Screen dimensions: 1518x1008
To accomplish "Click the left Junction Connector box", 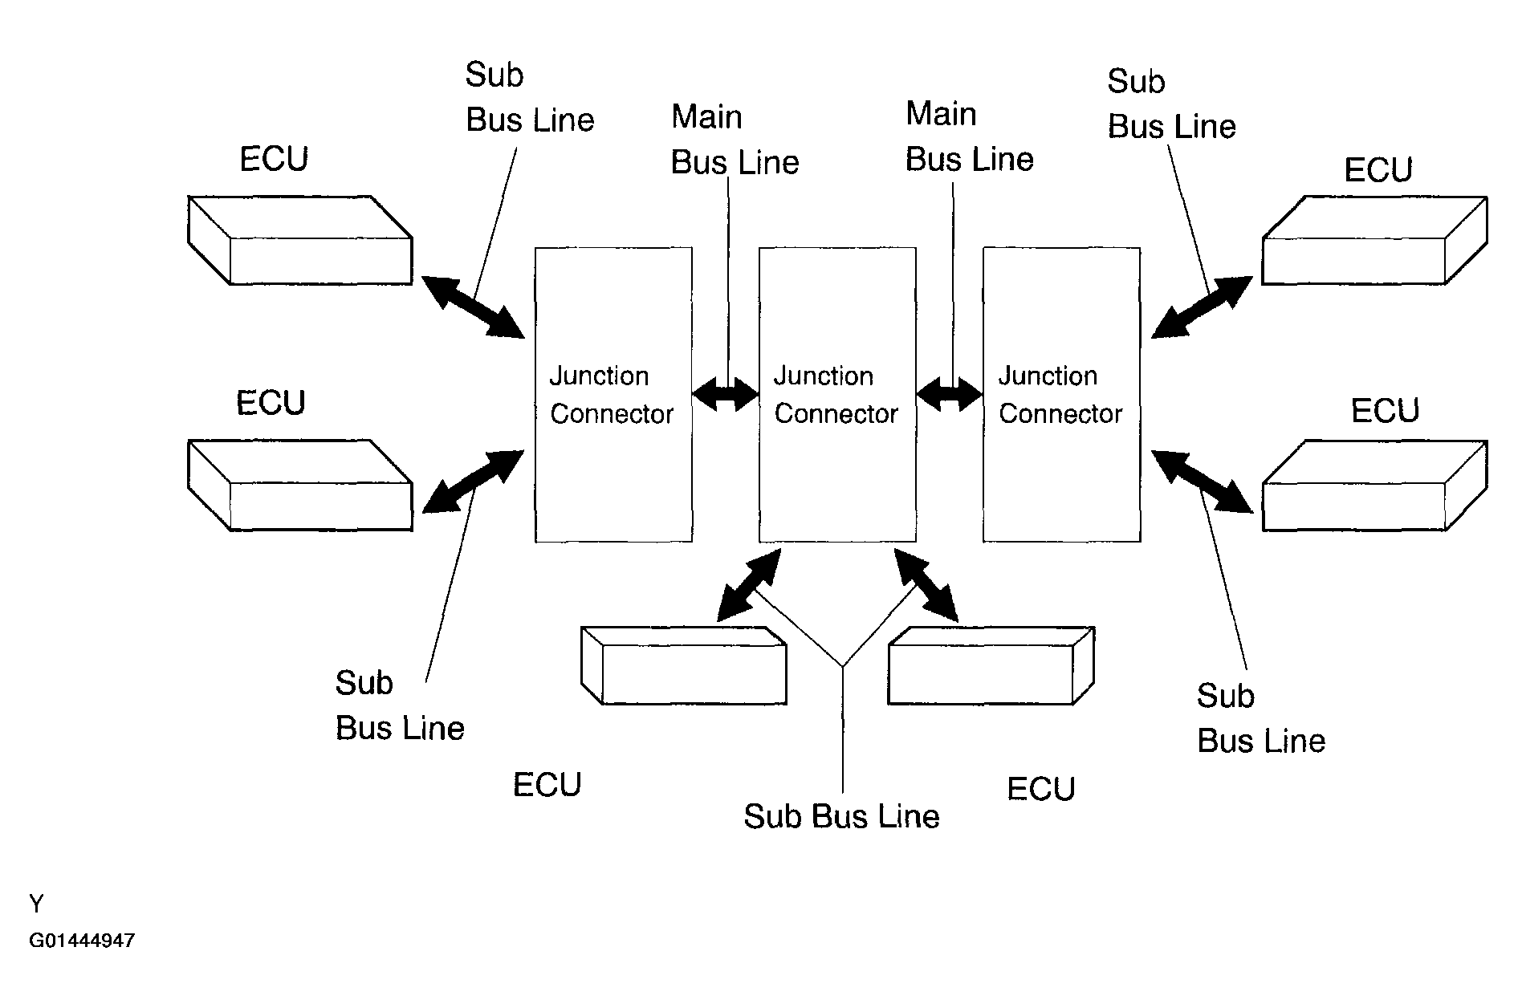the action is tap(613, 395).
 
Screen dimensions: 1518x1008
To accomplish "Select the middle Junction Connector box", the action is tap(837, 395).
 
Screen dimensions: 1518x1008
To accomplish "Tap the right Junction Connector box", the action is tap(1061, 395).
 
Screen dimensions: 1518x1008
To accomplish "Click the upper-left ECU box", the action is tap(300, 240).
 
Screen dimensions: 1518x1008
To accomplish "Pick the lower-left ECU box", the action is tap(300, 485).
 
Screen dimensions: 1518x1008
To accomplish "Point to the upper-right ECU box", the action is tap(1374, 240).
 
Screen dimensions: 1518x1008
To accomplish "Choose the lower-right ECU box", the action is tap(1374, 485).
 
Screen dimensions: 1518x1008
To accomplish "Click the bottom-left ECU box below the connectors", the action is tap(683, 665).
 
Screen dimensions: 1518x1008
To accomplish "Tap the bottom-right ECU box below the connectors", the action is tap(991, 665).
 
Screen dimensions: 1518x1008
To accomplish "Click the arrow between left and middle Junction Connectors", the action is tap(726, 394).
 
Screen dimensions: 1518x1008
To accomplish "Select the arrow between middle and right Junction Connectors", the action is tap(950, 394).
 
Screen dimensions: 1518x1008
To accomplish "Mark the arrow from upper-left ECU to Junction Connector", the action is tap(473, 306).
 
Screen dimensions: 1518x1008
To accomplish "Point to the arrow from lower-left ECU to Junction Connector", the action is tap(473, 482).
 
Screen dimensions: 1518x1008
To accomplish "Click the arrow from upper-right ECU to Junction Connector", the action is tap(1202, 307).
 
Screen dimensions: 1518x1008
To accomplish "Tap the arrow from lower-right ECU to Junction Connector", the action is tap(1202, 482).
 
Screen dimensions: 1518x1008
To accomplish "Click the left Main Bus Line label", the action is tap(735, 140).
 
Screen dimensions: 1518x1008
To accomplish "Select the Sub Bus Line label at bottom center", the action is tap(841, 816).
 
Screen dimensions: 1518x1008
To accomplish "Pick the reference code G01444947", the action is tap(82, 941).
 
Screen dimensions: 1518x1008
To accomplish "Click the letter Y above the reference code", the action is tap(36, 904).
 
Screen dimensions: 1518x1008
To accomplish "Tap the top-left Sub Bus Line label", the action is tap(530, 97).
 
